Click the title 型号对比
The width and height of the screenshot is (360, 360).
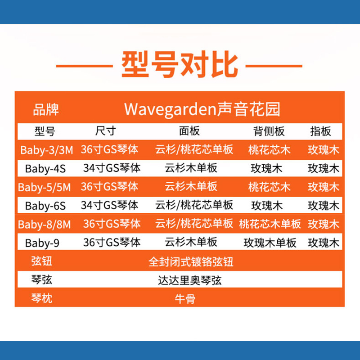pos(180,65)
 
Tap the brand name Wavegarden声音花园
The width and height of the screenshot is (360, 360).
pos(202,109)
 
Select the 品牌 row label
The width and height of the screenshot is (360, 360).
pos(46,110)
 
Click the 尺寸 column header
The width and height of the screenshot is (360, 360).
pos(106,131)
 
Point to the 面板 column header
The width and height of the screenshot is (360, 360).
pos(189,131)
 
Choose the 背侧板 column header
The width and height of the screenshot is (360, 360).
pos(269,131)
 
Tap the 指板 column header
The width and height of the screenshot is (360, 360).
pos(320,131)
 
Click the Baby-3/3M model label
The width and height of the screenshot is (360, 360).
pos(47,150)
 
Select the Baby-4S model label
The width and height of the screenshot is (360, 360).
pos(45,169)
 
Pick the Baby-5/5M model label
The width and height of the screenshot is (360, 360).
pos(44,187)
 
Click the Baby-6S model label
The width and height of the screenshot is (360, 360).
pos(45,206)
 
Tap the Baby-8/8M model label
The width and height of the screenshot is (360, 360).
pos(44,225)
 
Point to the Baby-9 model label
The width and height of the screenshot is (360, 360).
pos(42,243)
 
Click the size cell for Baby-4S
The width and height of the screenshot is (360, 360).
pos(112,168)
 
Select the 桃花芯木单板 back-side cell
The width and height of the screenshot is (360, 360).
pos(270,224)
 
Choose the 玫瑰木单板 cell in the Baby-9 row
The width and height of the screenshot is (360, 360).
pos(270,243)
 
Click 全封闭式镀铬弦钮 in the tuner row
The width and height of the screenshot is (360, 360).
pos(191,262)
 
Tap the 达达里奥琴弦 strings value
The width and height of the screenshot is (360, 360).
pos(189,280)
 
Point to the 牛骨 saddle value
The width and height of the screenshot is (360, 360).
pos(185,299)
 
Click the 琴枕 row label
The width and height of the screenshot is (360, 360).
pos(42,298)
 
